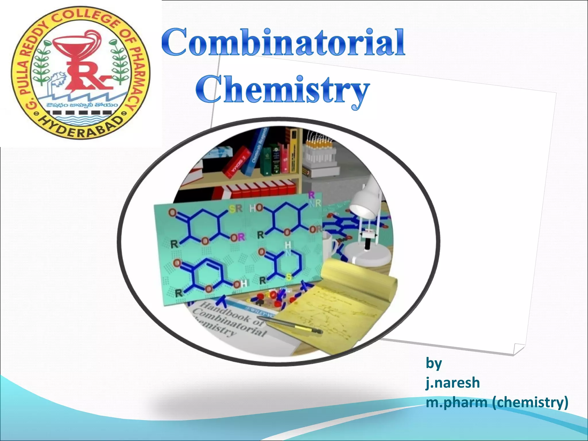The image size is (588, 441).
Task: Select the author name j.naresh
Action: pyautogui.click(x=452, y=383)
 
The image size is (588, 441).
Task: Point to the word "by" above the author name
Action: pyautogui.click(x=434, y=363)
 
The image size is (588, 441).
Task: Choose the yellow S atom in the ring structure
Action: pyautogui.click(x=288, y=277)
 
